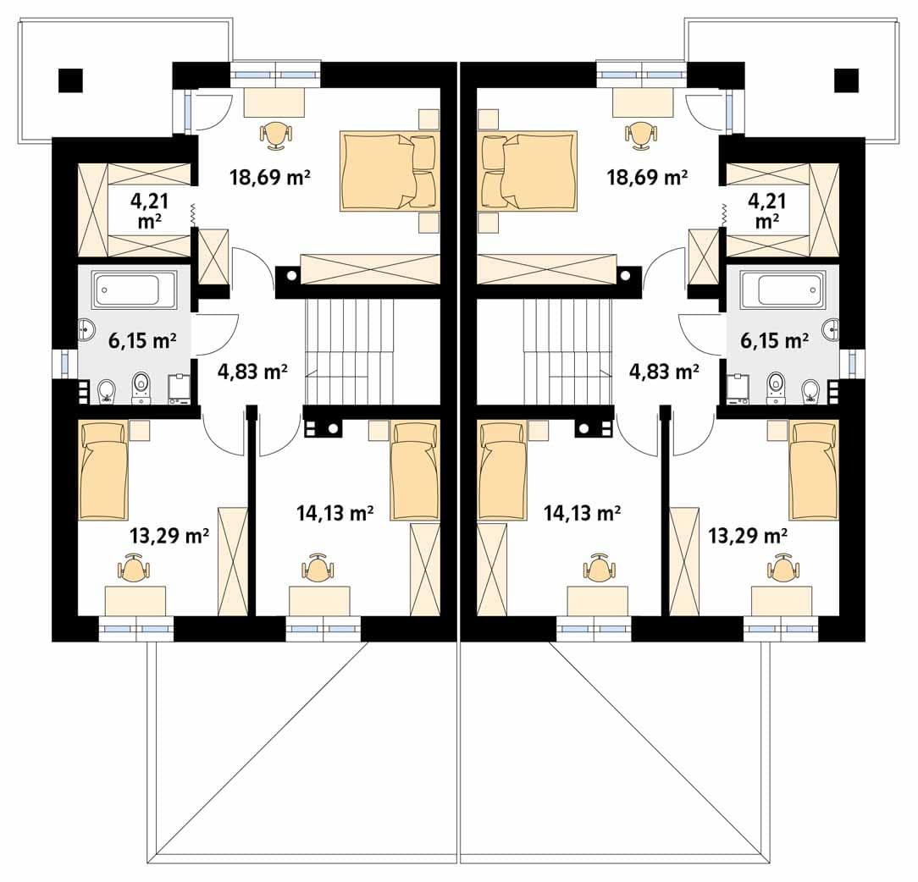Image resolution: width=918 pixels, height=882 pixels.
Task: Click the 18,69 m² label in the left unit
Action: (270, 176)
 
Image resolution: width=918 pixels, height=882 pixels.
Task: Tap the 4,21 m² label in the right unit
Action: (767, 211)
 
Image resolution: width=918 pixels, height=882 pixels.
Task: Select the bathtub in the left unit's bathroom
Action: (135, 289)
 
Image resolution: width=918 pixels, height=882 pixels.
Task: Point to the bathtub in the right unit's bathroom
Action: (783, 289)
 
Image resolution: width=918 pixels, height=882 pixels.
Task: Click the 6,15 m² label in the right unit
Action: (775, 340)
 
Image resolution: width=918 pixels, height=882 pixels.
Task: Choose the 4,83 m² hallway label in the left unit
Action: (252, 371)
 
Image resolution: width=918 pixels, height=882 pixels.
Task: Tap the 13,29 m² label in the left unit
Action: (169, 535)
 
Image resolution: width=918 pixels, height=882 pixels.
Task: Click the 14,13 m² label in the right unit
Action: (582, 513)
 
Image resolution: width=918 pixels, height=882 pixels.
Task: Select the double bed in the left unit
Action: (390, 171)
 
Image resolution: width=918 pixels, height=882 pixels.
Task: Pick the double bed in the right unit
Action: (528, 171)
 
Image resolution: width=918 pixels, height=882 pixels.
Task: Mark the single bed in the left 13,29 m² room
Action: (103, 471)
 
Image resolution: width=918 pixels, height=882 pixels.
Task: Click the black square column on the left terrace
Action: (70, 80)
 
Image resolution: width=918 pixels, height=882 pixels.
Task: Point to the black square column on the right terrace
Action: (847, 80)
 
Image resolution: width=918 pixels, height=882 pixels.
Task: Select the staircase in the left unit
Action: (346, 352)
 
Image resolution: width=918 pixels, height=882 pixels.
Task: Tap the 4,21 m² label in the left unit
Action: (150, 211)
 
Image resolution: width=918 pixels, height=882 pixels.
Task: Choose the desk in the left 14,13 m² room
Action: (319, 601)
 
